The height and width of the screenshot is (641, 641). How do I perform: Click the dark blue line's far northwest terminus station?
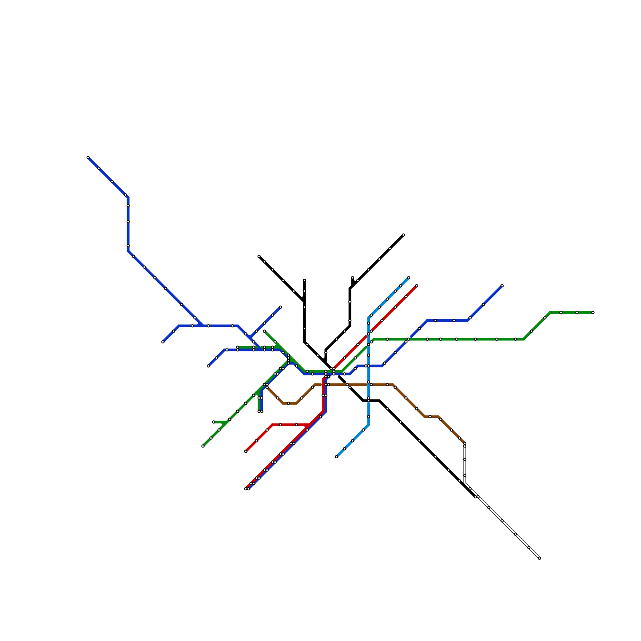tap(88, 157)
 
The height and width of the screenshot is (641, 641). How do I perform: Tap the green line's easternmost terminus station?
tap(593, 312)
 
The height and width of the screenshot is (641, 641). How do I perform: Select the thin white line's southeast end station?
tap(540, 558)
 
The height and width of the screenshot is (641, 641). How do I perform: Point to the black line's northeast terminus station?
tap(403, 235)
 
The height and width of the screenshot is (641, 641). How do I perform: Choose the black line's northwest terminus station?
tap(259, 256)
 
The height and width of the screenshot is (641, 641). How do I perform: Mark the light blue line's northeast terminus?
tap(409, 278)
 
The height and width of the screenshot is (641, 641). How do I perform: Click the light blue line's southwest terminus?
tap(337, 457)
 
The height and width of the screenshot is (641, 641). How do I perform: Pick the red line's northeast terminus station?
tap(417, 286)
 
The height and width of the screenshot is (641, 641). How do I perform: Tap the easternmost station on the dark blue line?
tap(502, 286)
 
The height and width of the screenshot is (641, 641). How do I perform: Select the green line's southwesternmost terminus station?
tap(203, 446)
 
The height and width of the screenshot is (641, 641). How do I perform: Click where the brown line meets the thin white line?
tap(465, 443)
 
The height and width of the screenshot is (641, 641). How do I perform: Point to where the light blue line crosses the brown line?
tap(369, 385)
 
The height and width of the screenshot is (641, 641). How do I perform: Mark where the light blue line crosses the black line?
tap(369, 401)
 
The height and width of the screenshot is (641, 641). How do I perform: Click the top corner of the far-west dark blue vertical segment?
tap(128, 198)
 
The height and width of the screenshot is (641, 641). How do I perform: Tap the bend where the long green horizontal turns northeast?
tap(524, 339)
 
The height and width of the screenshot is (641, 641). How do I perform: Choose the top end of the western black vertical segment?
tap(304, 280)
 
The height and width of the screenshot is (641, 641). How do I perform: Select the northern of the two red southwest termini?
tap(246, 452)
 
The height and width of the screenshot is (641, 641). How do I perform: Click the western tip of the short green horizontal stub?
tap(214, 422)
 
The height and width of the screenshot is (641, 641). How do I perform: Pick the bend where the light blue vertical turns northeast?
tap(369, 318)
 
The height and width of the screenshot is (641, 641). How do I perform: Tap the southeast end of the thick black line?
tap(476, 497)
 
